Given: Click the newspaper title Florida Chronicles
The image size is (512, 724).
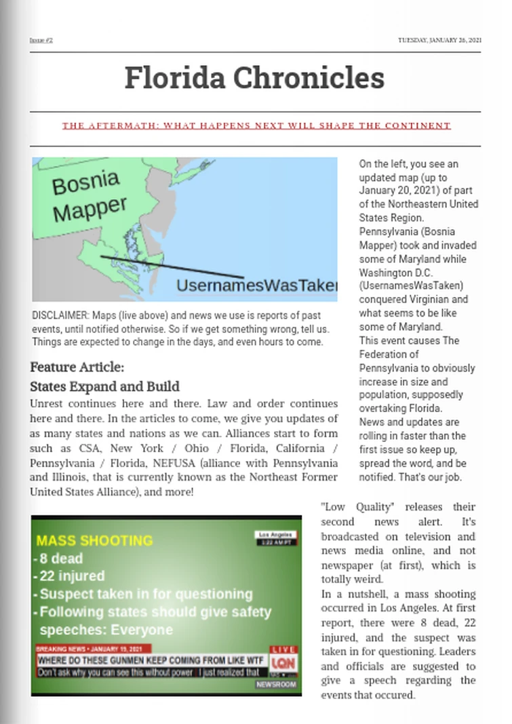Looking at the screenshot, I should pyautogui.click(x=254, y=77).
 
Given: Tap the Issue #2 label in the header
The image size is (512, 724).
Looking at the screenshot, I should pyautogui.click(x=41, y=40).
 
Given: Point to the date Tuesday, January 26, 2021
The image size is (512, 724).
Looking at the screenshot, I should pyautogui.click(x=439, y=40).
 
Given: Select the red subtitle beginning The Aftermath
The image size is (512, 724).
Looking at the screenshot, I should pyautogui.click(x=256, y=125).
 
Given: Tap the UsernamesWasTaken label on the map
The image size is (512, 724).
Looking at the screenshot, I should pyautogui.click(x=256, y=286).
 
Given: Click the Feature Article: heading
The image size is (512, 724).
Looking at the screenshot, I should pyautogui.click(x=77, y=367).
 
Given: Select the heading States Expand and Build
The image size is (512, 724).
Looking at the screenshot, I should pyautogui.click(x=104, y=387).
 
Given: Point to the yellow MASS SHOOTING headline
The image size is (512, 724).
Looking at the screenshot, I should pyautogui.click(x=94, y=541).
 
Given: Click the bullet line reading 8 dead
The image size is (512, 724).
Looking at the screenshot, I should pyautogui.click(x=60, y=559).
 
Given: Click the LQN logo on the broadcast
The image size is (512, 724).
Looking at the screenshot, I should pyautogui.click(x=283, y=663).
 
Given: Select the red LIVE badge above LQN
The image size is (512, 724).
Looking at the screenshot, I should pyautogui.click(x=283, y=649).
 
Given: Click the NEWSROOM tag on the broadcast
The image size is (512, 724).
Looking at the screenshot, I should pyautogui.click(x=276, y=685).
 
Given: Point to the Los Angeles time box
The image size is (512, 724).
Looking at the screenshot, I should pyautogui.click(x=275, y=538).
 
